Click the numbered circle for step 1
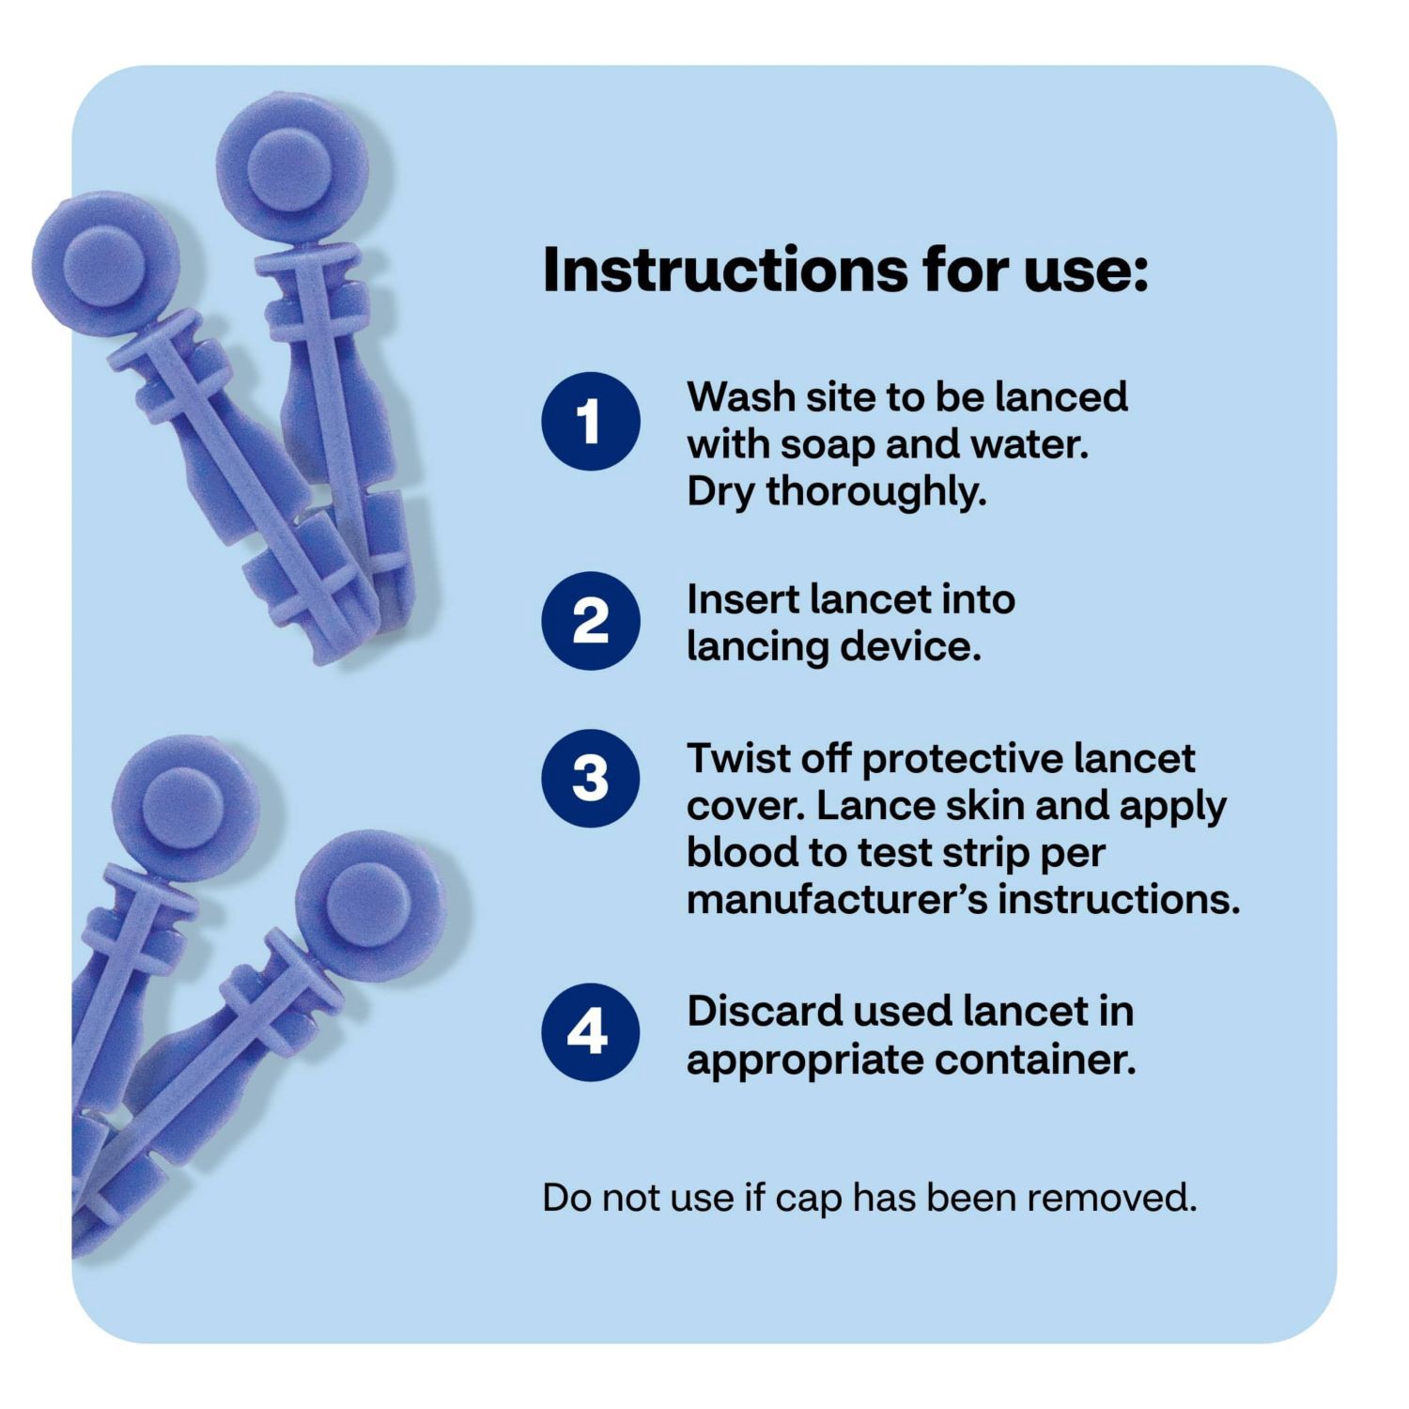click(590, 421)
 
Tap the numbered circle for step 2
click(590, 621)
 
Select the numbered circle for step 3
click(590, 779)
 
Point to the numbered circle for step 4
click(590, 1032)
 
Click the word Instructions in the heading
click(724, 271)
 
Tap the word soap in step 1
click(828, 444)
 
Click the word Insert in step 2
click(741, 599)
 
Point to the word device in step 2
click(924, 646)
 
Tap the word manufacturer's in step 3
click(836, 900)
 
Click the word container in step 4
click(1034, 1060)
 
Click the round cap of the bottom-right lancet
click(369, 904)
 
